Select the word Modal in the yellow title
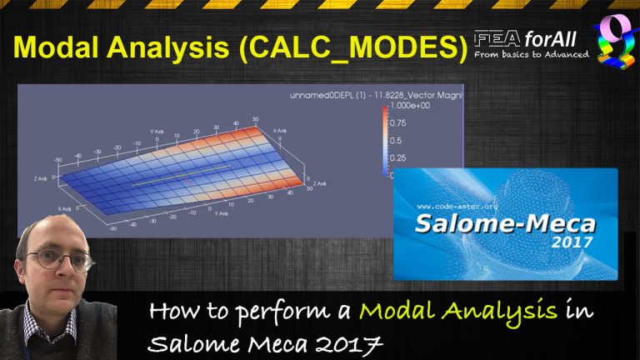(x=53, y=49)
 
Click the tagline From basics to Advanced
(x=531, y=55)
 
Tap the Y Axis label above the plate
(x=157, y=131)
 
